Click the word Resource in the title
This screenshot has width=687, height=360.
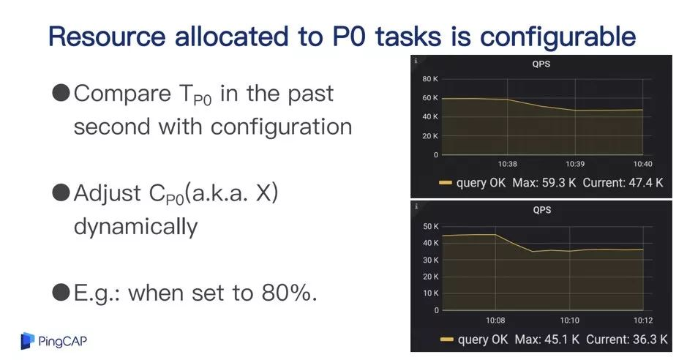tap(108, 37)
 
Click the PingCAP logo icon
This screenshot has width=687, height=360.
tap(28, 341)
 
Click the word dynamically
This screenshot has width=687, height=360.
tap(136, 226)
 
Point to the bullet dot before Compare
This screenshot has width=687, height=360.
tap(61, 93)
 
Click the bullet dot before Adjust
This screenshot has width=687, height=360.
tap(61, 192)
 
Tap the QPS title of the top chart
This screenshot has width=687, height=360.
tap(541, 64)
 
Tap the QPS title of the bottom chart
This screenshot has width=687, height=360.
tap(542, 210)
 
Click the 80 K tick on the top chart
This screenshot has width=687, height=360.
tap(429, 79)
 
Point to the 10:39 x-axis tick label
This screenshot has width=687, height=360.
tap(575, 164)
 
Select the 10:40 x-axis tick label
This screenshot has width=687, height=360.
tap(643, 164)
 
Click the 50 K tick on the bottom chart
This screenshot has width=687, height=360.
tap(431, 226)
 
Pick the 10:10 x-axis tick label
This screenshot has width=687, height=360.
tap(570, 320)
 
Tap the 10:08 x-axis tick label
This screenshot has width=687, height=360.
tap(495, 320)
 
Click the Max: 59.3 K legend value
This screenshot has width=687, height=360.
tap(544, 182)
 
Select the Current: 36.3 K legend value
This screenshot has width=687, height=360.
tap(627, 339)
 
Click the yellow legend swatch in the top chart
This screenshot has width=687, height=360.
tap(445, 183)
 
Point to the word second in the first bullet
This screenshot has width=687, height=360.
tap(112, 127)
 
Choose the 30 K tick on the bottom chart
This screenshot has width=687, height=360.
tap(431, 260)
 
